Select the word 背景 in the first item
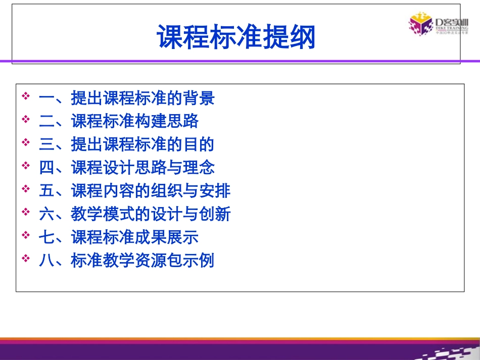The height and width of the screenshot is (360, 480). coord(199,97)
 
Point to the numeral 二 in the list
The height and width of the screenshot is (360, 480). coord(46,121)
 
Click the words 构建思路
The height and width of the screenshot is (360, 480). coord(166,121)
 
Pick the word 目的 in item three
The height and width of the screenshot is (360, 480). coord(199,144)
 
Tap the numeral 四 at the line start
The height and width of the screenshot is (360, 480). coord(46,168)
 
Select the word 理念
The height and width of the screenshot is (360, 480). coord(199,168)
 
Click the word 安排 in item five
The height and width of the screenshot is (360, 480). coord(215,191)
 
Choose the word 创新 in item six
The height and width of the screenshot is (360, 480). coord(215,214)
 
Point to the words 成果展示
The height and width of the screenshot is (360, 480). coord(166,237)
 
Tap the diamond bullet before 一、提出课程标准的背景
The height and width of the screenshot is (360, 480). coord(26,96)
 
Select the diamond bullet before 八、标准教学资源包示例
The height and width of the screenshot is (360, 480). coord(26,259)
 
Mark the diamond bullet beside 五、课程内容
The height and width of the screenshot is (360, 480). coord(26,189)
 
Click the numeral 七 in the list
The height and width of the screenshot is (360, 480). coord(46,237)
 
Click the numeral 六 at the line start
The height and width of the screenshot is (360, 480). coord(46,214)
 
